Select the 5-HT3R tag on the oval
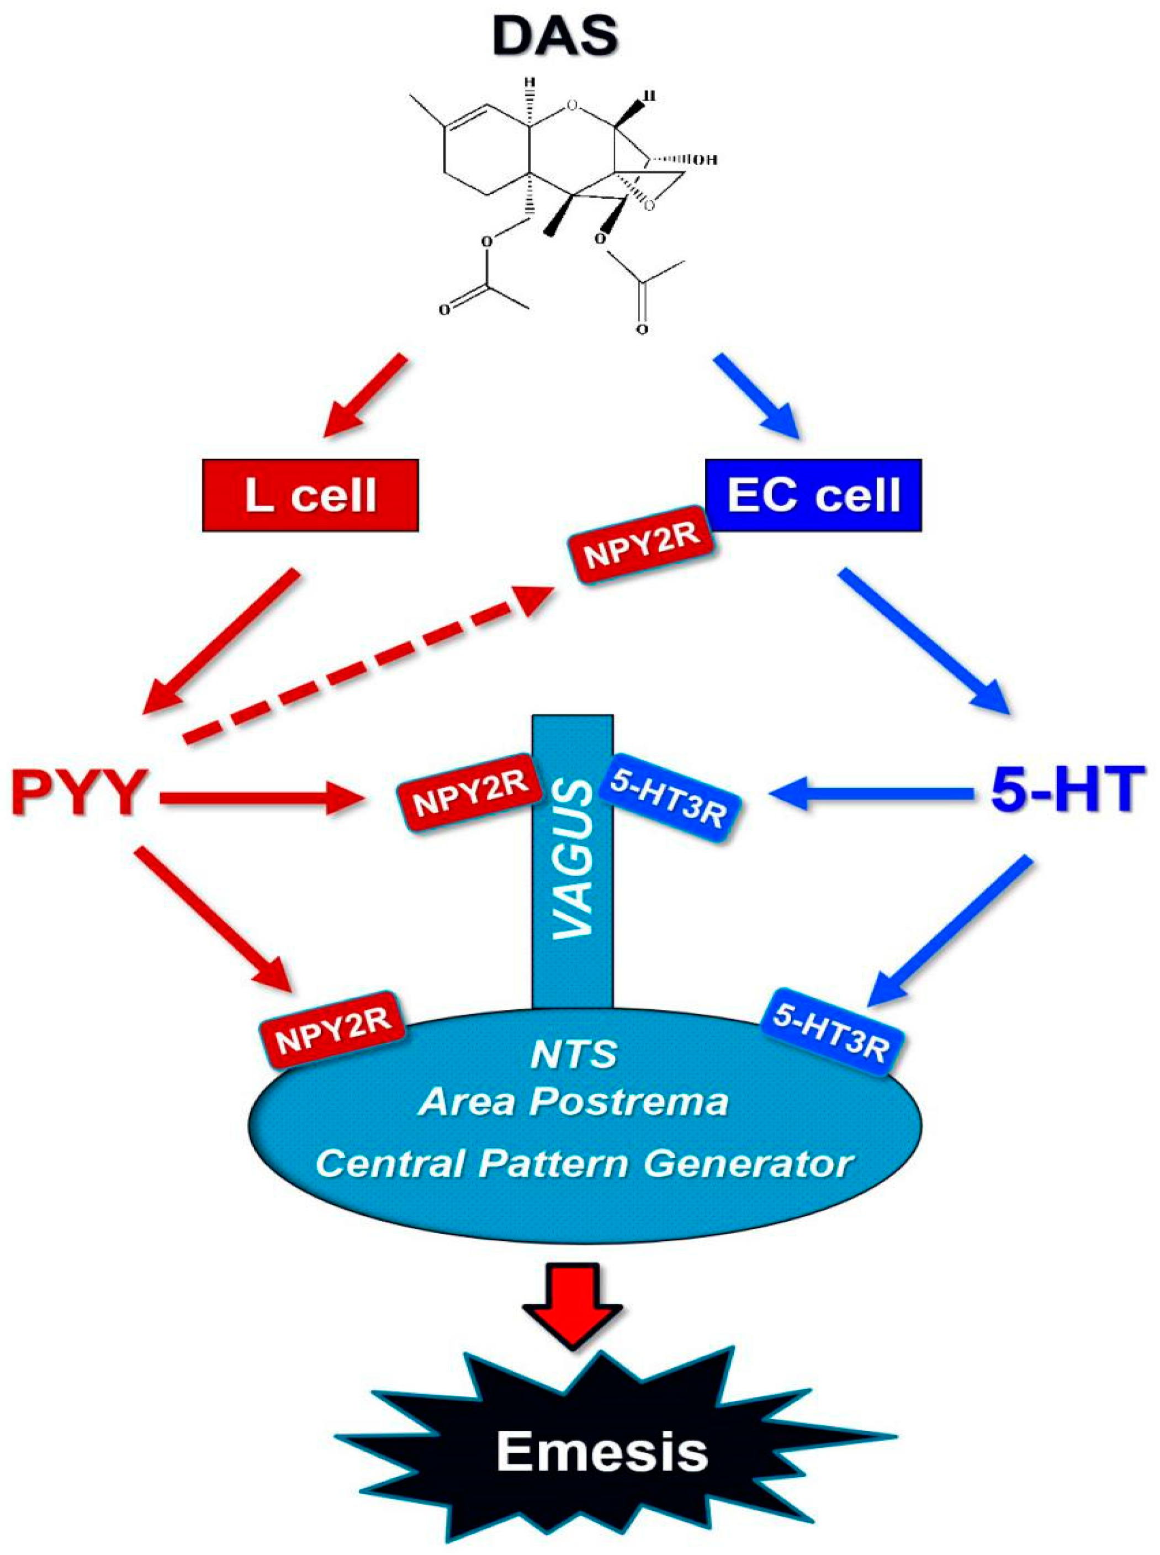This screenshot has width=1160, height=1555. pyautogui.click(x=831, y=1030)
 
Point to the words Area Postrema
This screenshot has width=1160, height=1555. pyautogui.click(x=573, y=1102)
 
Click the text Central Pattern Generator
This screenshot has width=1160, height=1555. pyautogui.click(x=584, y=1164)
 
